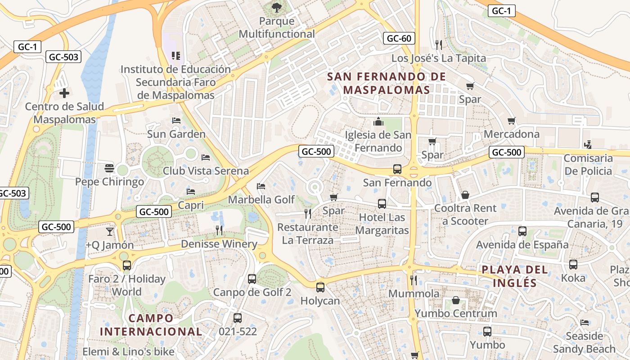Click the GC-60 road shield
click(x=399, y=38)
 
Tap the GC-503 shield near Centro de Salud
click(x=64, y=57)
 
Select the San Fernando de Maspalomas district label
click(x=387, y=83)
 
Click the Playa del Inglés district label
click(x=515, y=276)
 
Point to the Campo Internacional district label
click(x=151, y=325)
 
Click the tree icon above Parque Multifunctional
click(x=276, y=7)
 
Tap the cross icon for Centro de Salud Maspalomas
click(x=64, y=93)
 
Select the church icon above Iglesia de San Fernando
click(x=378, y=122)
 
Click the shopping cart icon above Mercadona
click(x=511, y=121)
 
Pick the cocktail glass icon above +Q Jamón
click(x=110, y=232)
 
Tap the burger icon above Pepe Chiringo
click(x=109, y=168)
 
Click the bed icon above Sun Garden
click(x=176, y=121)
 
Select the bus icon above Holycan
click(x=320, y=287)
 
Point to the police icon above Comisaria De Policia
click(x=588, y=145)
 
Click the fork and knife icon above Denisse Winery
click(x=219, y=230)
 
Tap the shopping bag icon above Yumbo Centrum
click(x=456, y=300)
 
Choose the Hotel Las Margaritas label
click(x=382, y=224)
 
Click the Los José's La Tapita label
click(x=438, y=58)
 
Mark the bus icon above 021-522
click(x=238, y=318)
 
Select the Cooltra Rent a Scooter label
click(x=465, y=215)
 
